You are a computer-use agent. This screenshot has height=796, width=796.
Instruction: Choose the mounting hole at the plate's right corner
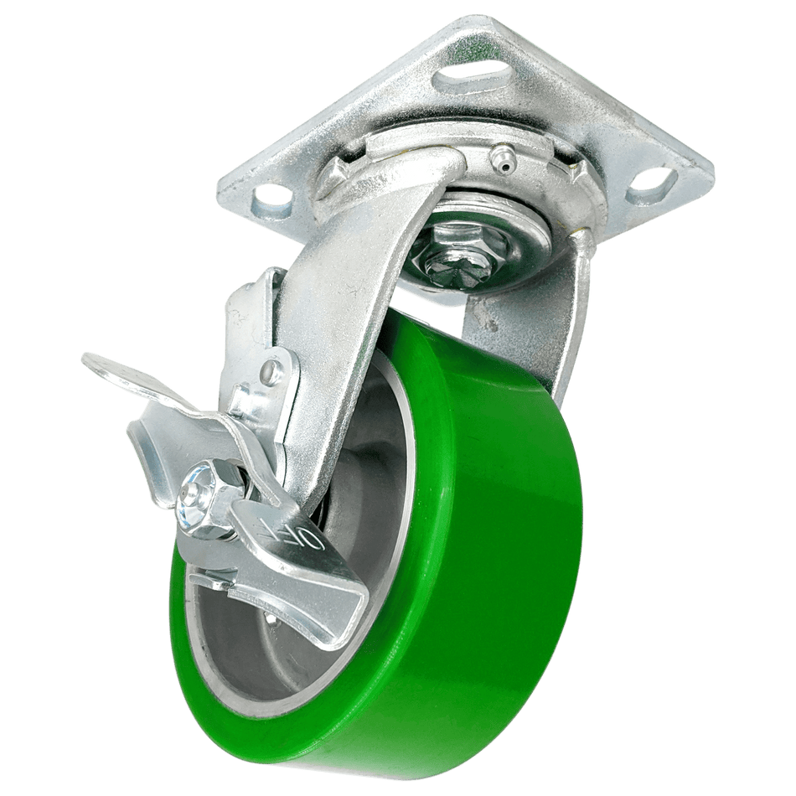tap(652, 180)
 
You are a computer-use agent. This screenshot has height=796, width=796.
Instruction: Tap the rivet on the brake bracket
tap(271, 372)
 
